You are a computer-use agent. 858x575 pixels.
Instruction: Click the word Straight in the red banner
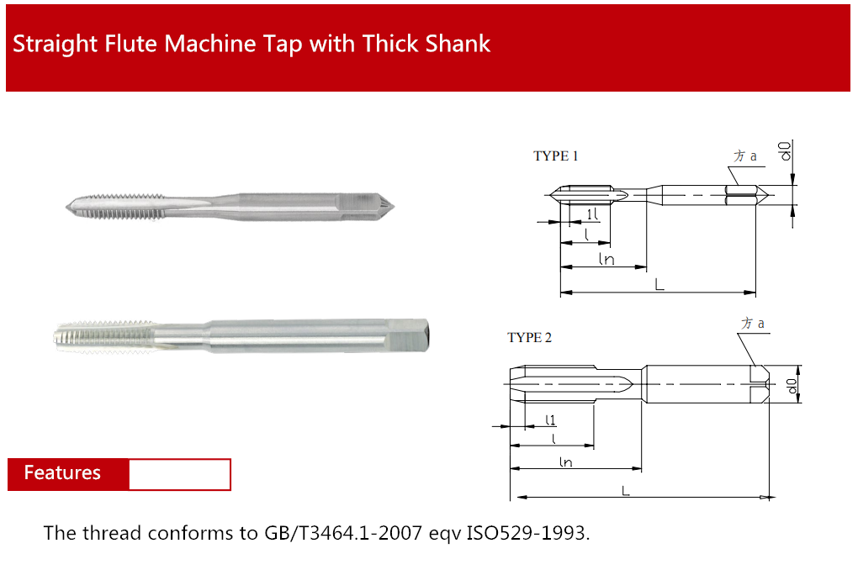click(55, 45)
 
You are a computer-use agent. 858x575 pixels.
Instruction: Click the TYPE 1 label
click(555, 156)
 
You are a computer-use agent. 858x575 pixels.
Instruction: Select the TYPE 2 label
click(529, 338)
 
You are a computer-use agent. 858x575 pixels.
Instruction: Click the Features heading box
click(119, 474)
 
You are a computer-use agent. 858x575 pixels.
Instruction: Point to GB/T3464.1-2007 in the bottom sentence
click(343, 533)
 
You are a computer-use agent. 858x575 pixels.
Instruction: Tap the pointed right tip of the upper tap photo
click(394, 207)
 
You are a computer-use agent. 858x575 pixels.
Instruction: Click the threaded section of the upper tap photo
click(116, 207)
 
